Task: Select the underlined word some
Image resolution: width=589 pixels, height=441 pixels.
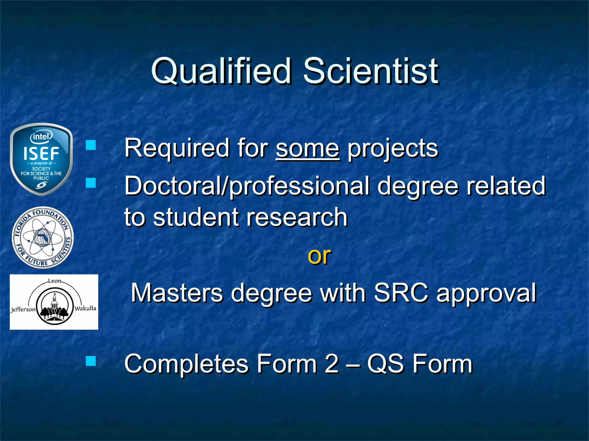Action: (x=307, y=148)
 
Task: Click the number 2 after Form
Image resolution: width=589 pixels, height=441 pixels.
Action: (x=332, y=364)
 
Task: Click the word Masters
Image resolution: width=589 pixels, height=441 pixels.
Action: (x=177, y=293)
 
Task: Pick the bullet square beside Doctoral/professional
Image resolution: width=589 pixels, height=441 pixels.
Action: (x=91, y=183)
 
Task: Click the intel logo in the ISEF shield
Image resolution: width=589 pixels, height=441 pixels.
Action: (x=41, y=137)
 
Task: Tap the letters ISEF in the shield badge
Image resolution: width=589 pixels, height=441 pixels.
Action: (x=41, y=154)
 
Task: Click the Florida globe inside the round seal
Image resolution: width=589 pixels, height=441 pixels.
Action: (x=43, y=237)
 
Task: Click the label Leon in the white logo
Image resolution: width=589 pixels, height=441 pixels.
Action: (x=54, y=281)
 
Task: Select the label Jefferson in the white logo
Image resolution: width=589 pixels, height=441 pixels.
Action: (x=23, y=310)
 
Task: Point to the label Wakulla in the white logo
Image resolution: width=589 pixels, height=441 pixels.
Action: (x=85, y=308)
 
